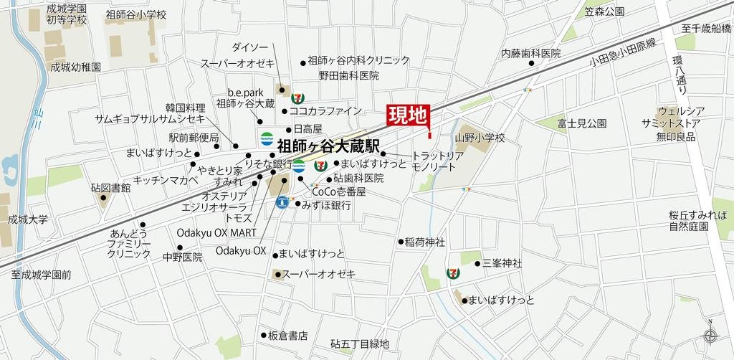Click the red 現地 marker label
tap(407, 115)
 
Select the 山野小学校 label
tap(480, 138)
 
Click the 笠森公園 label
tap(604, 11)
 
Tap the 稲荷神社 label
tap(425, 242)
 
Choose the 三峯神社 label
tap(502, 264)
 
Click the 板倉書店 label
tap(287, 335)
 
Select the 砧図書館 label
tap(110, 188)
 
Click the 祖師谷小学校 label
tap(135, 14)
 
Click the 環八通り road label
tap(682, 72)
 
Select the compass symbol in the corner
tap(710, 335)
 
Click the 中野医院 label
tap(183, 257)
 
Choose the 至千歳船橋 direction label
tap(706, 29)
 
